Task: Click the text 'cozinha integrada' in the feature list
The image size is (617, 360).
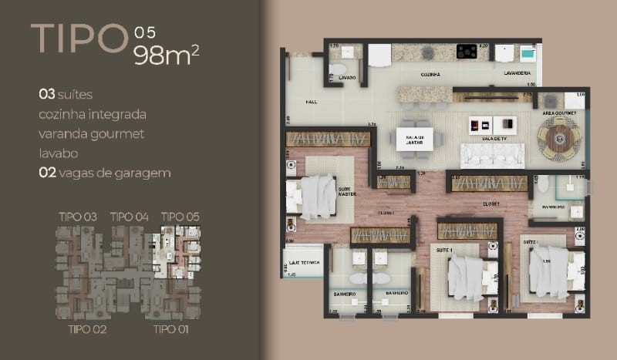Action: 93,114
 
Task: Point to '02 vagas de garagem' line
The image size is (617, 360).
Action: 104,173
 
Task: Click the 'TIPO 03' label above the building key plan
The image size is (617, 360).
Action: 77,217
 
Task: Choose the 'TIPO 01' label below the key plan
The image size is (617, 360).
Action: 172,330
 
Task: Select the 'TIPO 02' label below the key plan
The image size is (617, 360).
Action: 87,330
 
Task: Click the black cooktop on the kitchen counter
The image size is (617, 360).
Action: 467,52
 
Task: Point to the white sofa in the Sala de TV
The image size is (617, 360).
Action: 492,155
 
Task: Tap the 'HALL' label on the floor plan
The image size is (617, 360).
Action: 312,101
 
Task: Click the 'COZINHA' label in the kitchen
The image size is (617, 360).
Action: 430,75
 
